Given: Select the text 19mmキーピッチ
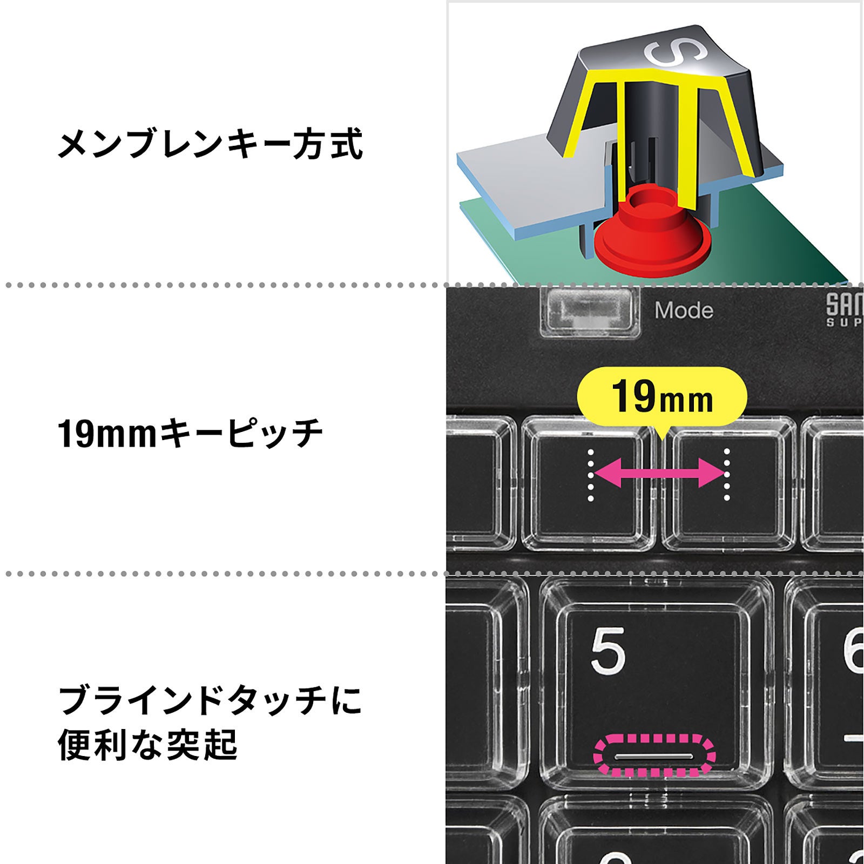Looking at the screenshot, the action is [x=190, y=434].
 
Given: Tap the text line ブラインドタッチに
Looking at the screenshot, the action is [x=210, y=700].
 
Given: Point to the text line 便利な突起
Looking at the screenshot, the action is [x=147, y=745].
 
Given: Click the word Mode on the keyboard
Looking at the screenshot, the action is [x=684, y=310].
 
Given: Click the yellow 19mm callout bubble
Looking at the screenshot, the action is [x=662, y=397].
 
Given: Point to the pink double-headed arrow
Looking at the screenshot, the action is [x=659, y=474].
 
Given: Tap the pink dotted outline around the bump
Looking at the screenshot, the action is [x=654, y=754].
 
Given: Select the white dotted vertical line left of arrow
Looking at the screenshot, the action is [x=591, y=475].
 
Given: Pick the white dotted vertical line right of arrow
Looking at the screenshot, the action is [x=727, y=475].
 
